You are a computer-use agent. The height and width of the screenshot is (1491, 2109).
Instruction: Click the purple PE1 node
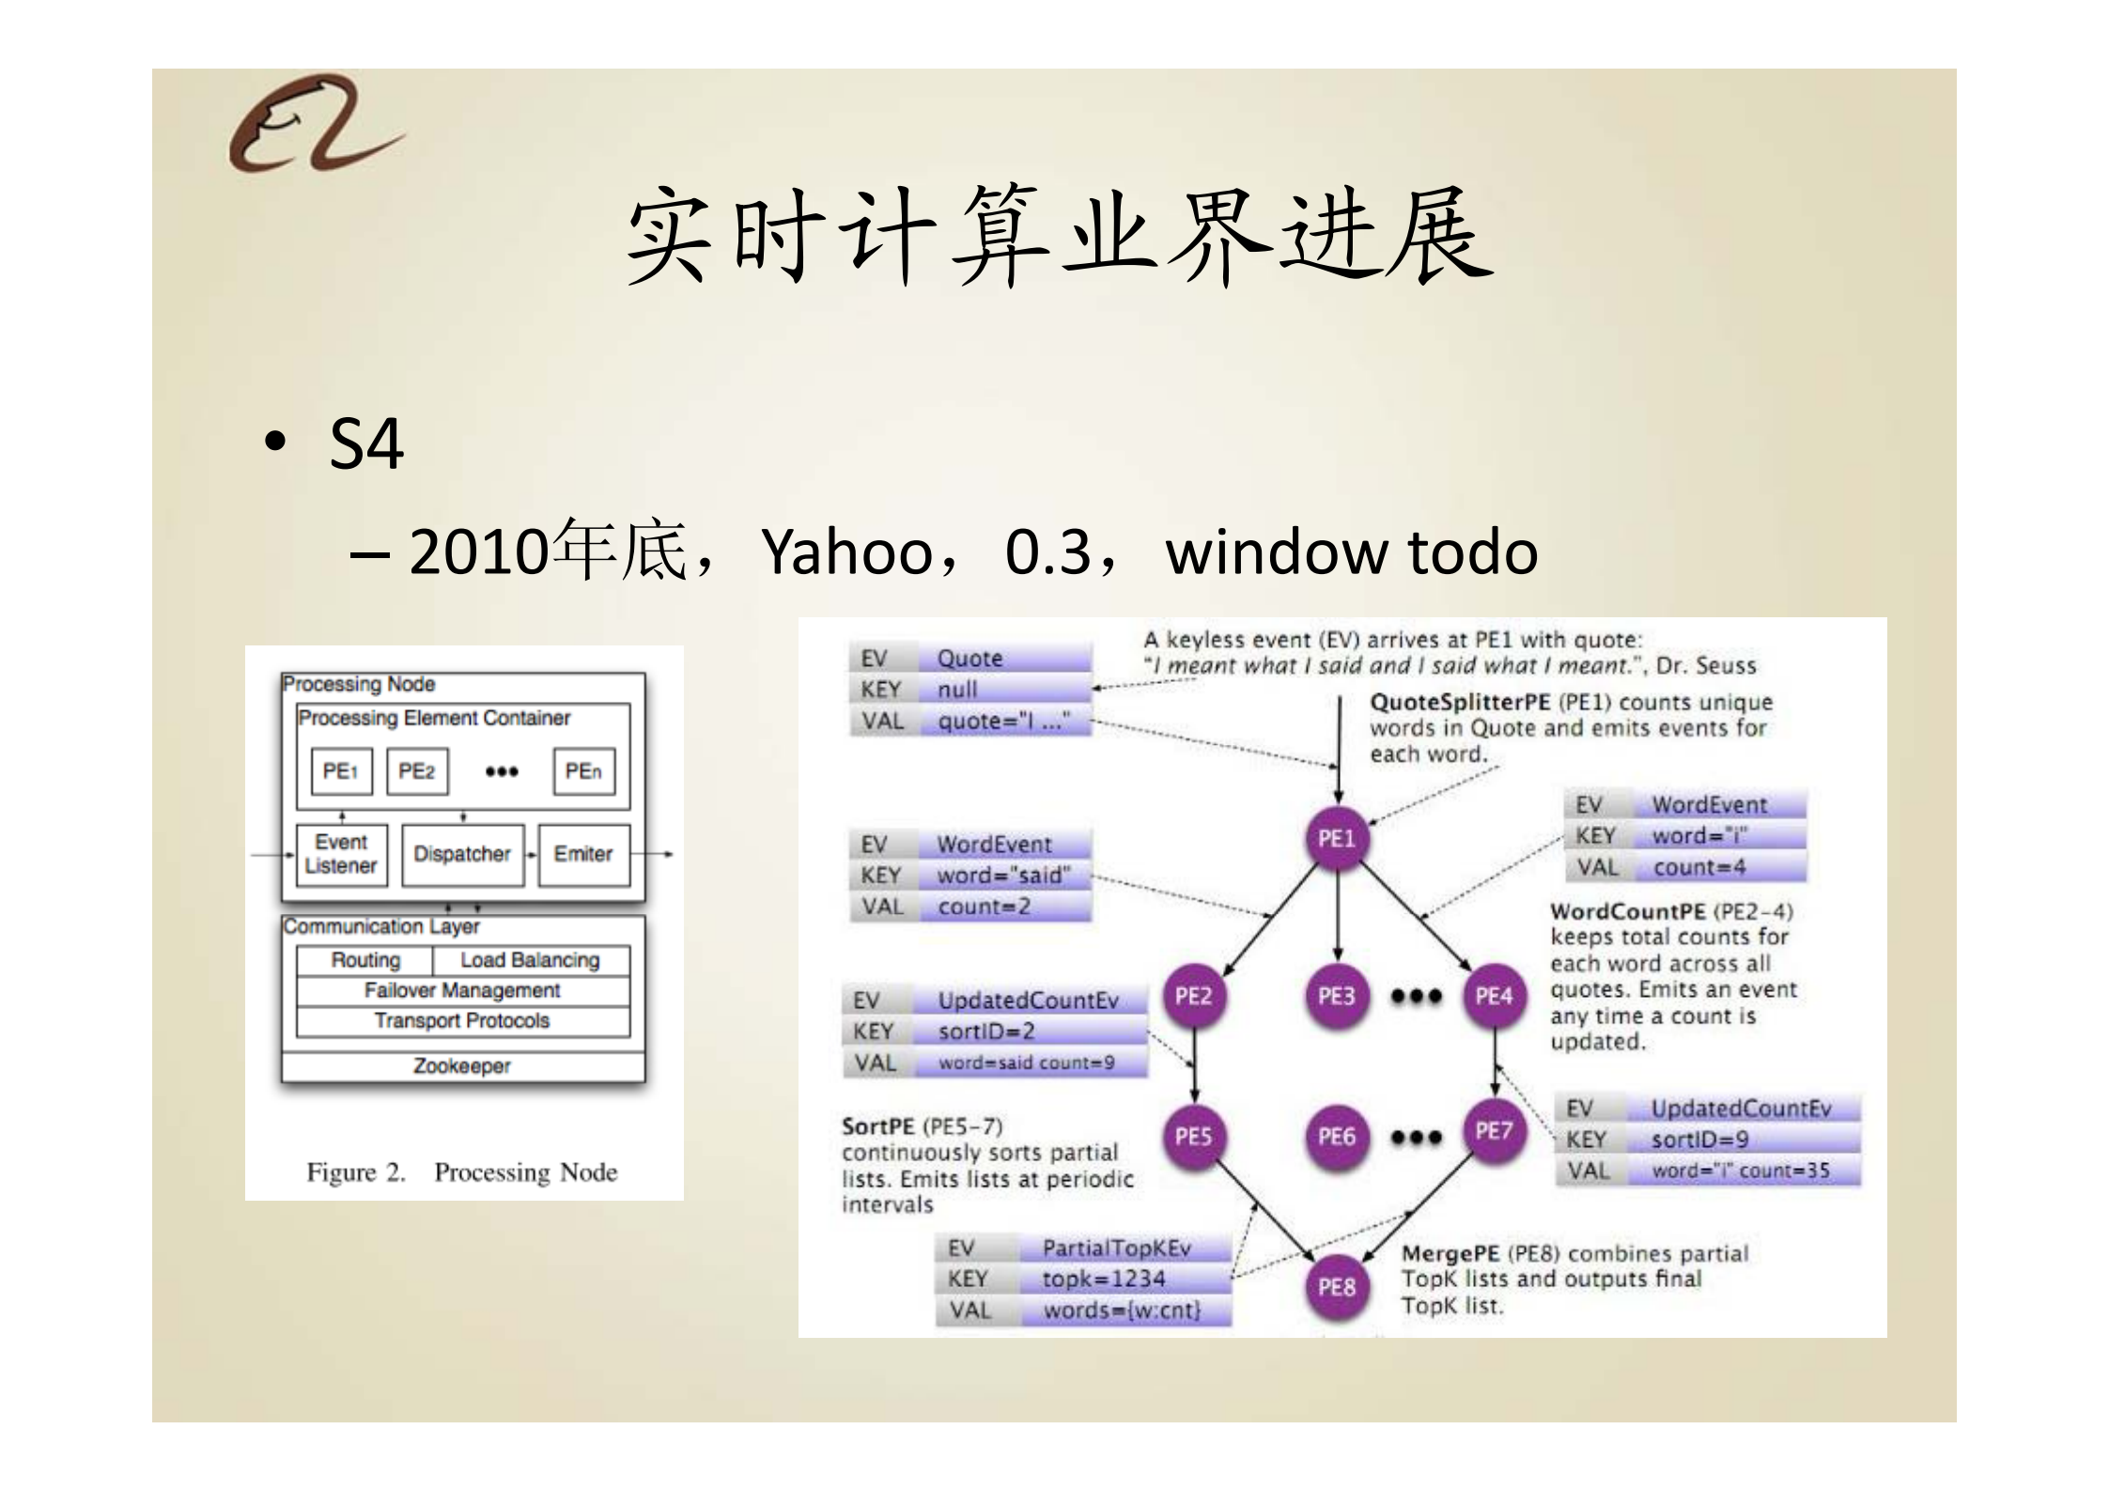(1336, 838)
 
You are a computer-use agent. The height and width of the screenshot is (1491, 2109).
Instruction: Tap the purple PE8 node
(1336, 1286)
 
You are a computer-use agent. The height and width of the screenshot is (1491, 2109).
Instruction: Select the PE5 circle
(1193, 1137)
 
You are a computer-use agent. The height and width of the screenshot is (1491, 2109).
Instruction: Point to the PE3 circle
(1336, 996)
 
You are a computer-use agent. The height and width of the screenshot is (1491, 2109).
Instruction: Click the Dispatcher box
(462, 854)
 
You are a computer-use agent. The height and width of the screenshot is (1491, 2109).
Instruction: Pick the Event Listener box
(341, 854)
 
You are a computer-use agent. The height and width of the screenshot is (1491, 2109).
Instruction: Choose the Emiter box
(583, 854)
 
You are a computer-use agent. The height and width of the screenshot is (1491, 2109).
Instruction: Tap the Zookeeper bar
(462, 1066)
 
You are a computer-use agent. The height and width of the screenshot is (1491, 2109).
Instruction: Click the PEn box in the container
(583, 771)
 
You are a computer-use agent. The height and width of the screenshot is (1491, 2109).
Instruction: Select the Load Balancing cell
(530, 960)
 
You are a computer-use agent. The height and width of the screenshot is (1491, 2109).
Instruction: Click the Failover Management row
(462, 990)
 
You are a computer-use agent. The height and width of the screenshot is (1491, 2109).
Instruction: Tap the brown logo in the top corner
(315, 124)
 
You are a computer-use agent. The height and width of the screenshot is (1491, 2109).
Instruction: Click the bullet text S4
(366, 443)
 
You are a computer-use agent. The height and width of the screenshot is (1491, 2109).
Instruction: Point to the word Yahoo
(846, 552)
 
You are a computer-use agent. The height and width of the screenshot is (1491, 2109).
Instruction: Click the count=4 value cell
(1700, 867)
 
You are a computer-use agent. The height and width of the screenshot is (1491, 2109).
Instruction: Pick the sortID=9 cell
(1700, 1140)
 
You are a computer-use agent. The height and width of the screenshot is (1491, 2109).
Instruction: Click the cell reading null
(958, 690)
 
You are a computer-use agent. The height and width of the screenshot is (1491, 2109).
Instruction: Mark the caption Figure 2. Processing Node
(462, 1173)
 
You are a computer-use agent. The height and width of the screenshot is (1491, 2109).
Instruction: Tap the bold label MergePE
(1450, 1254)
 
